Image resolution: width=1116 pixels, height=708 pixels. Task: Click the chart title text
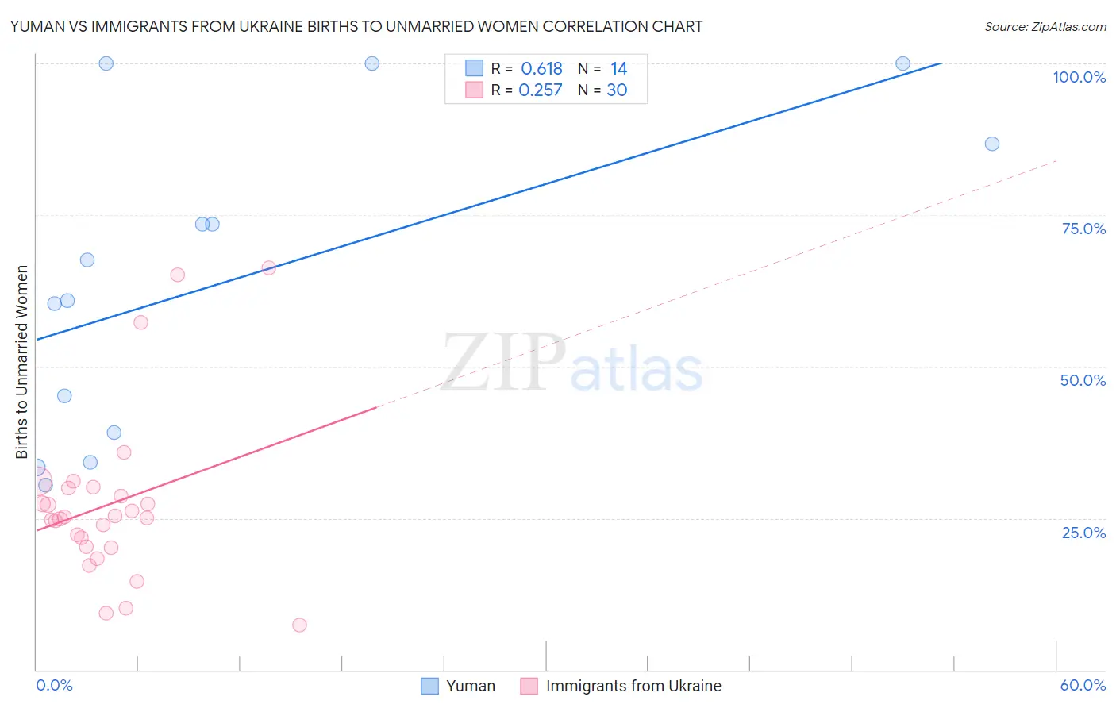356,26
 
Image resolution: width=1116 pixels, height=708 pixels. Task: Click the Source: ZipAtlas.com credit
1045,26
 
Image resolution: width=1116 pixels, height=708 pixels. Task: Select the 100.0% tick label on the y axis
1079,77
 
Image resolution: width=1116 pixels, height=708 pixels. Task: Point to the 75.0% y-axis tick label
1083,229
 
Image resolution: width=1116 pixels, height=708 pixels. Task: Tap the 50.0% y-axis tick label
1083,380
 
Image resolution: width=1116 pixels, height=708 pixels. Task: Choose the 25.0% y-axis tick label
1083,532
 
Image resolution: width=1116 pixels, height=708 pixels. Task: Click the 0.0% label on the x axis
54,685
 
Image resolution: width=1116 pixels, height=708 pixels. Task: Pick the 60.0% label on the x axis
1083,685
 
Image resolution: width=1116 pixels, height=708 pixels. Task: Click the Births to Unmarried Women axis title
21,362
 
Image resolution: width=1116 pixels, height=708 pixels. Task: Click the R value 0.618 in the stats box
541,69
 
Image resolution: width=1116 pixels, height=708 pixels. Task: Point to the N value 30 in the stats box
617,90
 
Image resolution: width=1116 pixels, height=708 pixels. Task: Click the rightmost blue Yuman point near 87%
991,144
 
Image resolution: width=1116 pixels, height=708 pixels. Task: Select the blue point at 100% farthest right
902,63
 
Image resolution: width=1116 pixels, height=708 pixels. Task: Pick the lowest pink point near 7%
299,625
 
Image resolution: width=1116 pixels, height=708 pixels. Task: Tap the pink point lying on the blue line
268,267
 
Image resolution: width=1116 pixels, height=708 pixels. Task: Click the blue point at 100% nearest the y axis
106,63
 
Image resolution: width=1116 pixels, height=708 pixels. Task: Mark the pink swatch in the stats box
474,90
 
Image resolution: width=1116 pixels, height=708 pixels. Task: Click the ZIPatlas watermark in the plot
571,363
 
